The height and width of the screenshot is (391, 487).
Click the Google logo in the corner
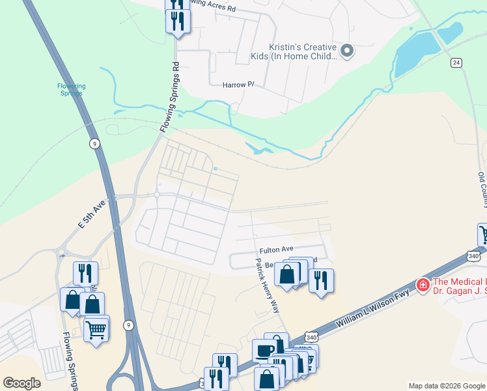21,383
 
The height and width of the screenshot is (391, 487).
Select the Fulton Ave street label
277,250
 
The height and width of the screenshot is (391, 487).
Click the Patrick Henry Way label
268,286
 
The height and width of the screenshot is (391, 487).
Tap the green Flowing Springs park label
71,89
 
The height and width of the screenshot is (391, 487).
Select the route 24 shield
456,63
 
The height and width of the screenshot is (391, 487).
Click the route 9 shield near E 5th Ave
95,143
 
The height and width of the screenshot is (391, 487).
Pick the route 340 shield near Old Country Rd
473,256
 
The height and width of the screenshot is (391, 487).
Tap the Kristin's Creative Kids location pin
347,51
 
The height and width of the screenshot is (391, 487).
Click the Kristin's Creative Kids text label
303,51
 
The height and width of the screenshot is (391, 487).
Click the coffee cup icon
265,351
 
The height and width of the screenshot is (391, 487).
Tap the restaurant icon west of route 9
85,273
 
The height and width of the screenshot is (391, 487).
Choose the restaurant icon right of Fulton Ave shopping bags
320,280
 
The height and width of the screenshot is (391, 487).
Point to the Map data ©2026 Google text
447,386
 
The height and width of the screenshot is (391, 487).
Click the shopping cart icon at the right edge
483,235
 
